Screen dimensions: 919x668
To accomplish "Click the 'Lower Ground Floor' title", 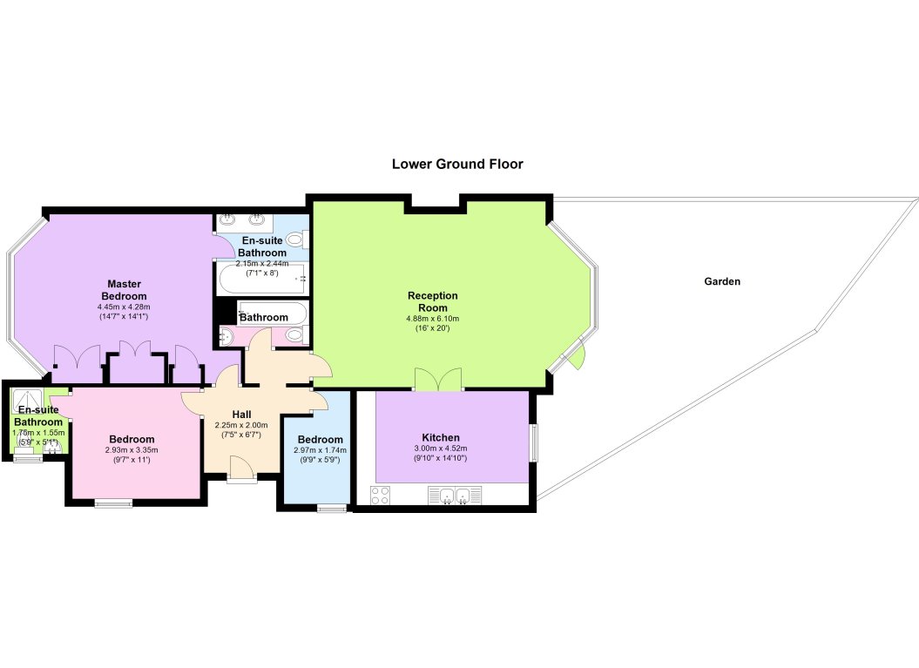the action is (457, 164).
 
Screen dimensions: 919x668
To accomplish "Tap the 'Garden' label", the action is (722, 281).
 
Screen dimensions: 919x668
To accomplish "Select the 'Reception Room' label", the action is (433, 301).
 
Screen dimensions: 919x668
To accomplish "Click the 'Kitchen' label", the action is (441, 438).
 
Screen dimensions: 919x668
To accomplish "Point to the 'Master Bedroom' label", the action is (124, 290).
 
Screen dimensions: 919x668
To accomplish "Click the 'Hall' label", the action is (241, 415).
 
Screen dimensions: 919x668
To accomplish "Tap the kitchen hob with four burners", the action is (381, 496).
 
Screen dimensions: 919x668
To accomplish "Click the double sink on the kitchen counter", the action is (456, 496).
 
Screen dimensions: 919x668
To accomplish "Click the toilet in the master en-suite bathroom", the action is (295, 240).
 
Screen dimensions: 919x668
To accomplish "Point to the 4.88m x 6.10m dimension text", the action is (433, 319).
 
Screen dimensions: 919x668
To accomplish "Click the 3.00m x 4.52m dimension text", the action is (441, 449).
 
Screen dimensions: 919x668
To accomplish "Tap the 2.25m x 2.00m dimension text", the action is (241, 425).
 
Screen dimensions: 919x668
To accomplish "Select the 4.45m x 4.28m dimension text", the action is (124, 307).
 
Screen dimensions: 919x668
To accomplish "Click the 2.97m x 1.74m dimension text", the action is (320, 450).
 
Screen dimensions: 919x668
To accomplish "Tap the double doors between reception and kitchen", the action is (438, 379).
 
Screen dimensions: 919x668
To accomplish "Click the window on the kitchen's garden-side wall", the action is (534, 442).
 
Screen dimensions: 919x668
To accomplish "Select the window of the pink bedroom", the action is (114, 503).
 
